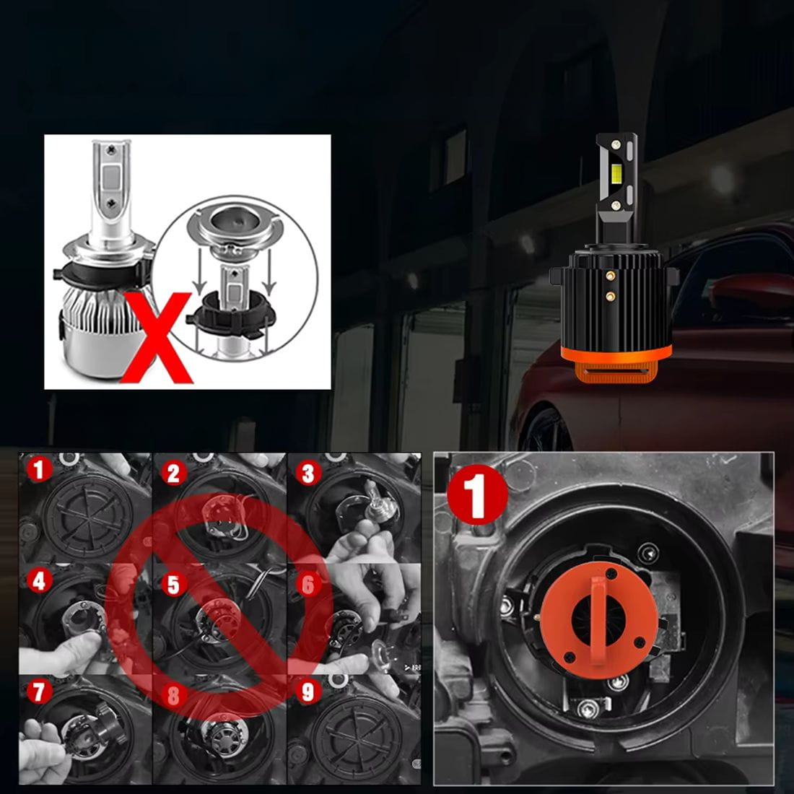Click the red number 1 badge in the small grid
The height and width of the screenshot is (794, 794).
[x=39, y=469]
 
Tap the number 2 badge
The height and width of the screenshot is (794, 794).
[x=174, y=474]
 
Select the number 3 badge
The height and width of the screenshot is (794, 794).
[x=308, y=474]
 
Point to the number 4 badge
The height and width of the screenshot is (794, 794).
[x=39, y=581]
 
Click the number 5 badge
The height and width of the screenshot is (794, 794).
[x=174, y=585]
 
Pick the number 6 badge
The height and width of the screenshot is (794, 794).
[x=308, y=585]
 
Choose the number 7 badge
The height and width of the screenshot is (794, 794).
[x=39, y=692]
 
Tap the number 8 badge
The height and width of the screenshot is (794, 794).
[x=174, y=696]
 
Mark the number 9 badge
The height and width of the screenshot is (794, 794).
[x=308, y=692]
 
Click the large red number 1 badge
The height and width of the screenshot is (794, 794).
[x=478, y=494]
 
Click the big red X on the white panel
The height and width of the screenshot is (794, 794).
[x=157, y=337]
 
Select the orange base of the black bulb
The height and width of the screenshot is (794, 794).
[x=616, y=364]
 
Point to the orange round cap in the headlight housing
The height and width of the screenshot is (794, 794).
[x=599, y=619]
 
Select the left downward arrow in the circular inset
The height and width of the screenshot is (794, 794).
[x=201, y=271]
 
